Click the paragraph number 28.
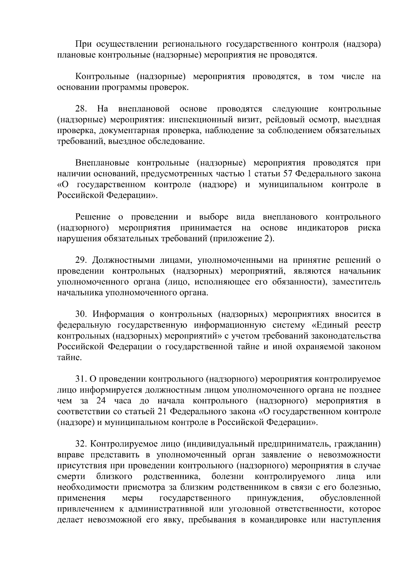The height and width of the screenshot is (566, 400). pos(81,109)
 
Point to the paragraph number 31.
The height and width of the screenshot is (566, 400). pos(81,380)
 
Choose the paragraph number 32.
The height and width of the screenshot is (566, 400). pos(81,444)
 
